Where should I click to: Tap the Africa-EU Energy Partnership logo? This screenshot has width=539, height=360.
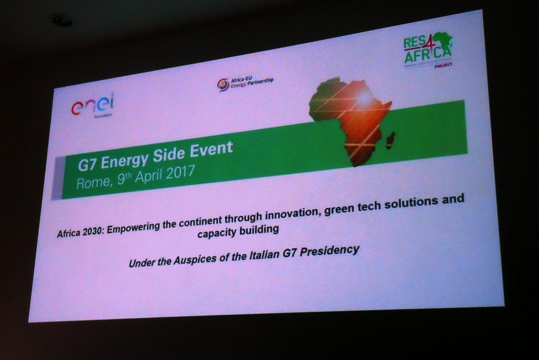click(245, 83)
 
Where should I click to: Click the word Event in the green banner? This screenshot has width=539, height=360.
click(209, 151)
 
